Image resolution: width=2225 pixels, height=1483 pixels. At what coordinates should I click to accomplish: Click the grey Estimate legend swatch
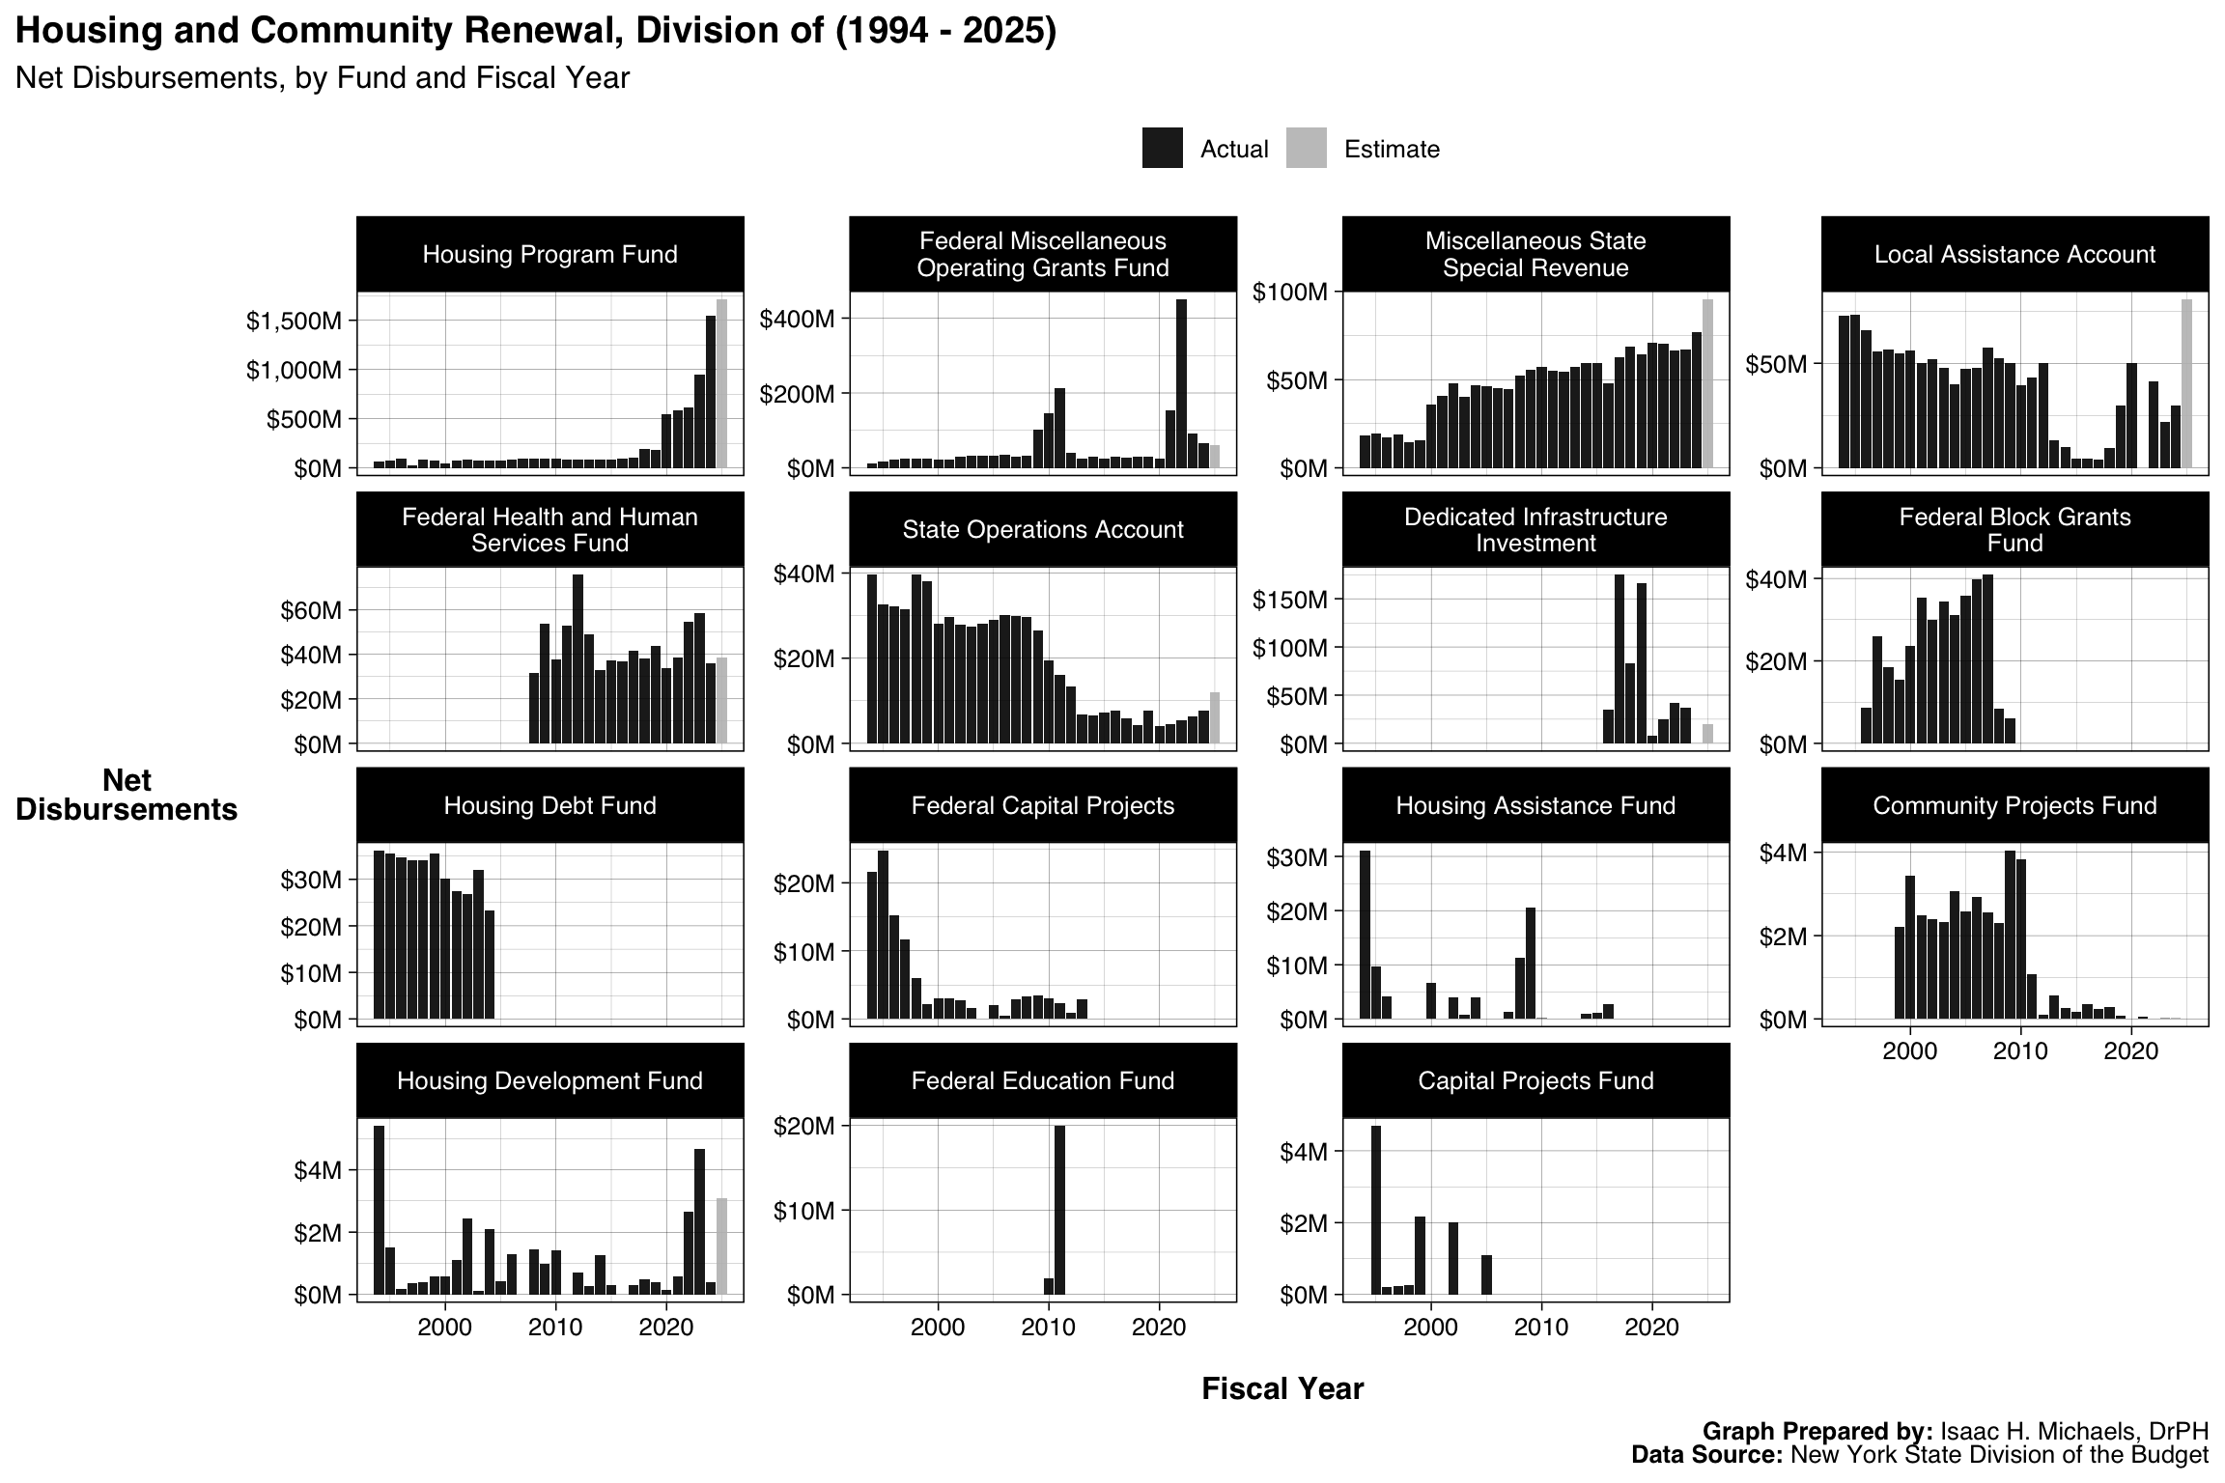(1306, 149)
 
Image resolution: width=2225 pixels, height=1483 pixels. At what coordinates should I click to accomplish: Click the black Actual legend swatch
(1162, 149)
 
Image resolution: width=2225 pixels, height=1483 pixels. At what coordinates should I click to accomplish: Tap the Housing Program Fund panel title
(549, 254)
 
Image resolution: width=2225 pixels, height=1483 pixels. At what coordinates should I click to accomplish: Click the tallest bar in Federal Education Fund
(1059, 1209)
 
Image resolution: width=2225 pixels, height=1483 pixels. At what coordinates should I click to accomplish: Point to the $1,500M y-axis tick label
(294, 321)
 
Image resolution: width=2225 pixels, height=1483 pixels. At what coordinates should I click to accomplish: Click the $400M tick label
(797, 319)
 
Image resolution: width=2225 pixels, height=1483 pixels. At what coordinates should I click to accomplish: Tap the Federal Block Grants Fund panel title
(2014, 529)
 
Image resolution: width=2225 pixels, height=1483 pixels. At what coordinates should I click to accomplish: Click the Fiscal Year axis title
(1282, 1388)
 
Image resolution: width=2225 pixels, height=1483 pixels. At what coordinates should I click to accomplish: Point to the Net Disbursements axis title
(127, 795)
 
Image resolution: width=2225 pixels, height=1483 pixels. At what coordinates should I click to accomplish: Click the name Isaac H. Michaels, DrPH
(2073, 1431)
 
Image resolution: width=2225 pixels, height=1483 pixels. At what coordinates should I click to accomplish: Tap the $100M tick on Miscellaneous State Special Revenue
(1289, 292)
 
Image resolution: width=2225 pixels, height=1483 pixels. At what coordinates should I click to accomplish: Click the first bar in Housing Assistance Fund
(1365, 935)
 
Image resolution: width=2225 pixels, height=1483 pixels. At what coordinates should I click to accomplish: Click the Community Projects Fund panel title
(2014, 805)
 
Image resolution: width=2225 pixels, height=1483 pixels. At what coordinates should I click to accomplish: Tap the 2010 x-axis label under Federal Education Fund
(1049, 1327)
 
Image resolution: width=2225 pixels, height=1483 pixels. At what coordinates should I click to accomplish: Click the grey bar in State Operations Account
(1215, 717)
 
